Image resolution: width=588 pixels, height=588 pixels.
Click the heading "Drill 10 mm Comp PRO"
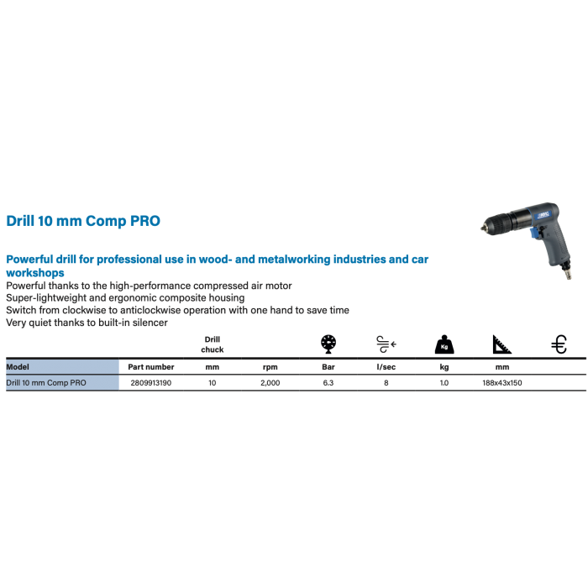click(x=82, y=221)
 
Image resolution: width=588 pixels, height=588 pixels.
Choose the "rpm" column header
click(x=270, y=367)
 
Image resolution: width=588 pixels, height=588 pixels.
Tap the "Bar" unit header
click(x=329, y=367)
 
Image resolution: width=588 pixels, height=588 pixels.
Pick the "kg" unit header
click(x=443, y=367)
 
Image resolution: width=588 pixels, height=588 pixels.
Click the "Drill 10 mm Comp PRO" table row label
click(x=45, y=382)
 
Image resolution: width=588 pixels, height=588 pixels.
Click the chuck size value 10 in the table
click(x=212, y=382)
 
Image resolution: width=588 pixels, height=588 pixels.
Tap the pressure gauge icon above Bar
click(x=329, y=343)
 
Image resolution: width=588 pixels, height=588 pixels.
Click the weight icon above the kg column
click(x=443, y=344)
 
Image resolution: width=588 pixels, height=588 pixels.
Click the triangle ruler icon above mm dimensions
click(x=500, y=344)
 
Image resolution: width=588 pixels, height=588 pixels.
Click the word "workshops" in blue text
click(x=35, y=273)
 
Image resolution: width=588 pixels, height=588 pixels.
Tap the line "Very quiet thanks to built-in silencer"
click(x=86, y=322)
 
